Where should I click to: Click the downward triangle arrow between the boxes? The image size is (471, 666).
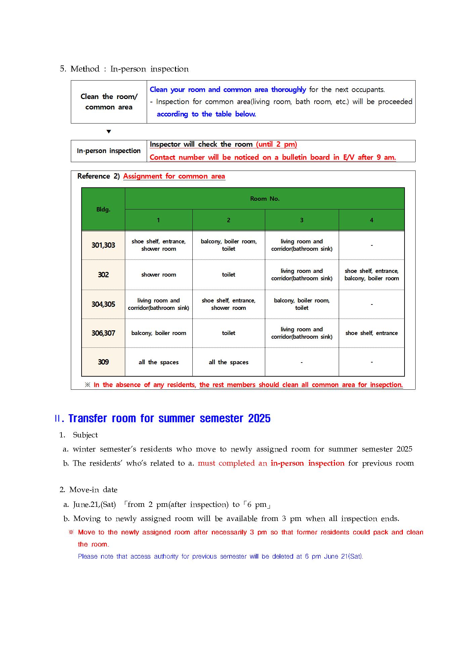(x=108, y=132)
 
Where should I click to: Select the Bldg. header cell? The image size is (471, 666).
(x=103, y=209)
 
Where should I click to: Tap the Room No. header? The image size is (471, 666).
(x=265, y=199)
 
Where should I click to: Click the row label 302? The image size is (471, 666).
(x=103, y=275)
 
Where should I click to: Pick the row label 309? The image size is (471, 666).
(x=103, y=362)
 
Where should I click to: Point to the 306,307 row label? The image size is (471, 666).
(x=103, y=333)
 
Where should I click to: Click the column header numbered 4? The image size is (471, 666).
(x=371, y=220)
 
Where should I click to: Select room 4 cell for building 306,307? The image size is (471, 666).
(x=371, y=333)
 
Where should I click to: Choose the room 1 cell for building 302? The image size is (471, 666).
(x=158, y=275)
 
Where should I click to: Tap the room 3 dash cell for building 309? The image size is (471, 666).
(x=301, y=362)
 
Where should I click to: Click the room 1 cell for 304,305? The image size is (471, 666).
(x=158, y=304)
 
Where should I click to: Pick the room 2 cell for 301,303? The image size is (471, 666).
(x=228, y=245)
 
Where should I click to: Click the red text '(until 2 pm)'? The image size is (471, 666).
(x=276, y=144)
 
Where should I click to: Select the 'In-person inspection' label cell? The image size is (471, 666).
(x=108, y=151)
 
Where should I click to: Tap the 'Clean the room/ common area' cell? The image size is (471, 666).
(x=108, y=102)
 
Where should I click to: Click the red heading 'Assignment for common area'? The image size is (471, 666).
(x=174, y=176)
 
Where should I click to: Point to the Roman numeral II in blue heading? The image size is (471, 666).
(x=57, y=419)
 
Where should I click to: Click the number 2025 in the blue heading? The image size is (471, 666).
(x=259, y=419)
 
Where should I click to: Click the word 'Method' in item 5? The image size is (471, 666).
(x=85, y=69)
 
